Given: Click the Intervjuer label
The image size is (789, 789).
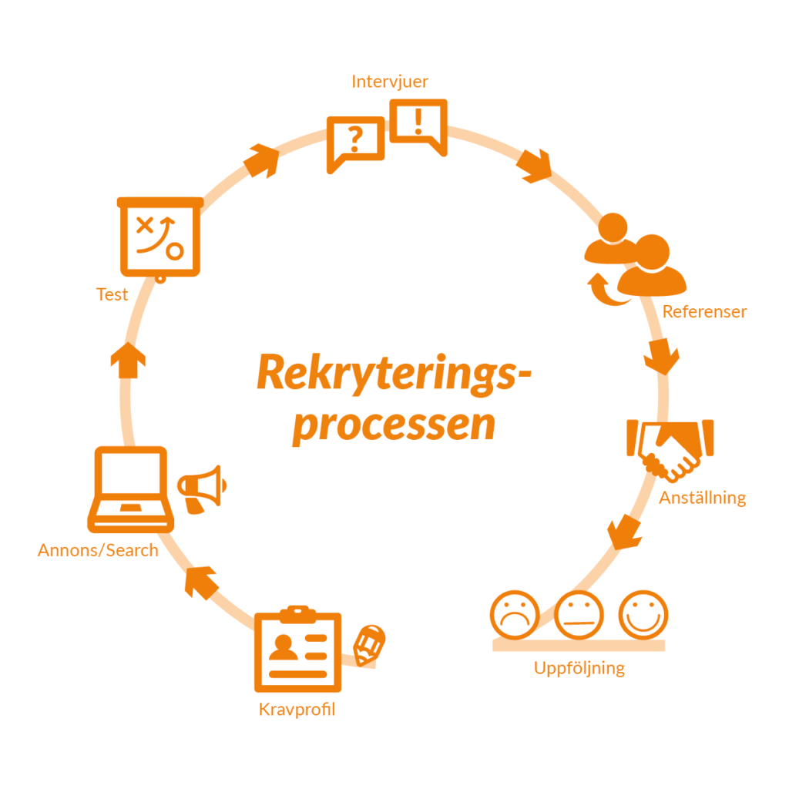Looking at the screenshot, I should pyautogui.click(x=390, y=82).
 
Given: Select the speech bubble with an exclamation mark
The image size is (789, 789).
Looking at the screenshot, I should pyautogui.click(x=418, y=124).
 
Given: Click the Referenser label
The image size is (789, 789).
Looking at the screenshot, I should pyautogui.click(x=704, y=312).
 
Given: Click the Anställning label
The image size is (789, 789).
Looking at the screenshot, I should pyautogui.click(x=702, y=498).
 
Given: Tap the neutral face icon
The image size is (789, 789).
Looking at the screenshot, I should pyautogui.click(x=579, y=614).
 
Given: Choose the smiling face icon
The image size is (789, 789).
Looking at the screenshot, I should pyautogui.click(x=643, y=614).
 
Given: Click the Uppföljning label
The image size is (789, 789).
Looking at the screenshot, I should pyautogui.click(x=579, y=668).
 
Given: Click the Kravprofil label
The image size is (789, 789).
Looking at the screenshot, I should pyautogui.click(x=297, y=710).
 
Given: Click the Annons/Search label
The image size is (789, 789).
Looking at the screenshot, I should pyautogui.click(x=98, y=550).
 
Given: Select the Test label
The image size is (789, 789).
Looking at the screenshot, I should pyautogui.click(x=112, y=294).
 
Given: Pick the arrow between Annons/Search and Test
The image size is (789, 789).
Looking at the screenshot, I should pyautogui.click(x=128, y=361).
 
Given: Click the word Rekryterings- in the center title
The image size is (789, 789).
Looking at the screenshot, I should pyautogui.click(x=394, y=373).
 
